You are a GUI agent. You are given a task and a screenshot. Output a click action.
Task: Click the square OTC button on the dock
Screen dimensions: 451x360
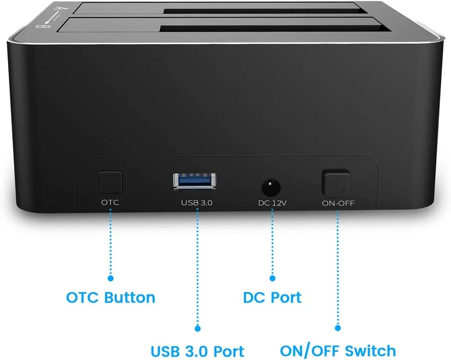point(110,182)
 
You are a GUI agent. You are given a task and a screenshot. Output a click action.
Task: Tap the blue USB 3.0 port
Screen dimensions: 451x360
point(194,181)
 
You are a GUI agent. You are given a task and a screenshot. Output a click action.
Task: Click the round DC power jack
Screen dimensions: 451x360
point(271,187)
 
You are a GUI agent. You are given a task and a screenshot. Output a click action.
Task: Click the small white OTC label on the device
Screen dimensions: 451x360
point(110,203)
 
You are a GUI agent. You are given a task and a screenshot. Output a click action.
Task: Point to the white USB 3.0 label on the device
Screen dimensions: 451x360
point(197,203)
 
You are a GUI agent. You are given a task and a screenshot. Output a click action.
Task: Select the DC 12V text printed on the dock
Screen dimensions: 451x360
point(272,203)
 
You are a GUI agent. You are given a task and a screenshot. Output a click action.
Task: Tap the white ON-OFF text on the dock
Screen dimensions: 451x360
point(338,203)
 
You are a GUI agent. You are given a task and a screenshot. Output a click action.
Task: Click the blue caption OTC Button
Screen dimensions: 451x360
point(111,297)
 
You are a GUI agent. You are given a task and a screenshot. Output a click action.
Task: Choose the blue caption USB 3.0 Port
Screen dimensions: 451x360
point(198,351)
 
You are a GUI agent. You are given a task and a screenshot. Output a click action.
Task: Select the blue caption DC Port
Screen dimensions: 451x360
point(272,297)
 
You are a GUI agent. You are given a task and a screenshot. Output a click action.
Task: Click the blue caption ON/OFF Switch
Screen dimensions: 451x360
point(338,351)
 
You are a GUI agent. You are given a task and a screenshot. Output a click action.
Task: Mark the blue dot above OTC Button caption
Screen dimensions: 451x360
point(110,278)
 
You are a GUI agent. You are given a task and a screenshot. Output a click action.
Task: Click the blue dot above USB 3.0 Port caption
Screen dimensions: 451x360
point(198,328)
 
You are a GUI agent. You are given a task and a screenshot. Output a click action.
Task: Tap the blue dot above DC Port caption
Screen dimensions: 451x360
point(272,278)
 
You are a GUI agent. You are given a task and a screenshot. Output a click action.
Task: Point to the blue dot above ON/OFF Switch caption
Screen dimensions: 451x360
point(338,328)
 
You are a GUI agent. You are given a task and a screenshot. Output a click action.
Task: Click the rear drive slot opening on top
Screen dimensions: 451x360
point(265,11)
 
